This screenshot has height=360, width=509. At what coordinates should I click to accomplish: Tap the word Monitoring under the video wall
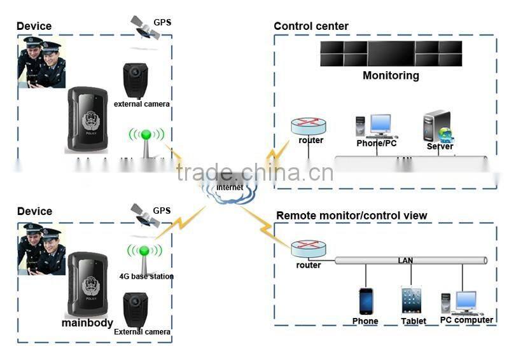click(391, 76)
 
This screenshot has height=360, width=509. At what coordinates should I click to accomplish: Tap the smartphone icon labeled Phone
click(366, 301)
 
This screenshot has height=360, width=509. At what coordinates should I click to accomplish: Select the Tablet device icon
click(412, 300)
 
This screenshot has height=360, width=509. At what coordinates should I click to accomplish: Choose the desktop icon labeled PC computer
click(465, 303)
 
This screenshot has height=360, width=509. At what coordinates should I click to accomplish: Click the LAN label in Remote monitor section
click(405, 260)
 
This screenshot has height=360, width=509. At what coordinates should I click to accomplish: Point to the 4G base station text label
click(146, 277)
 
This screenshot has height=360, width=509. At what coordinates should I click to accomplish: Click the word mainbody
click(87, 322)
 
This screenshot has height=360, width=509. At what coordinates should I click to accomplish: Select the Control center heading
click(311, 26)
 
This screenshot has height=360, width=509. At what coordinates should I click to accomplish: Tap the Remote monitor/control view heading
click(351, 216)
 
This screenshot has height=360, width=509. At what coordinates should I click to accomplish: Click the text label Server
click(440, 146)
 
